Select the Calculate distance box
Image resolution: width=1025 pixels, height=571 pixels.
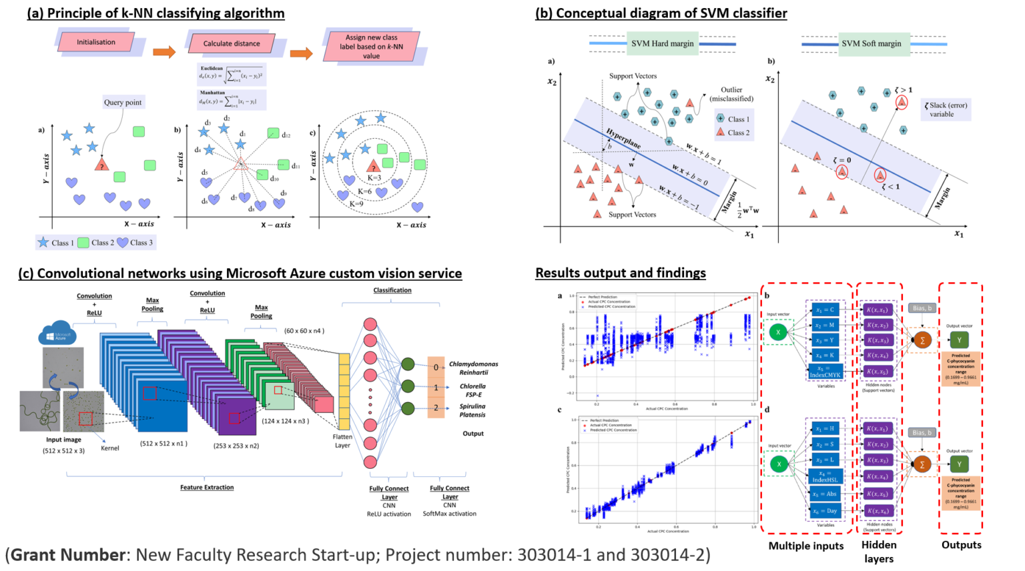[232, 43]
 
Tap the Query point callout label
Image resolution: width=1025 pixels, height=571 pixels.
[123, 102]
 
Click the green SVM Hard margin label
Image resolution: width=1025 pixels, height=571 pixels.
[662, 43]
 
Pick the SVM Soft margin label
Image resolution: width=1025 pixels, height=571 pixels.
[871, 43]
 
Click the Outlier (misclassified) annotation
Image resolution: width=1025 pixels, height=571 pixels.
[731, 94]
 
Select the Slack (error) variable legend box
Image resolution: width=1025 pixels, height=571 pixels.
[946, 109]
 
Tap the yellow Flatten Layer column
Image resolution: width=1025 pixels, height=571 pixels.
[344, 392]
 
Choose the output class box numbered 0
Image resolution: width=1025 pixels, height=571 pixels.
[436, 367]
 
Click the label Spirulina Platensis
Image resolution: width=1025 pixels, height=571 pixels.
[472, 410]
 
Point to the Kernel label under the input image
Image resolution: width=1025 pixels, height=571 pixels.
[109, 448]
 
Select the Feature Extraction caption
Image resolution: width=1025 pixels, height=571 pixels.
[207, 488]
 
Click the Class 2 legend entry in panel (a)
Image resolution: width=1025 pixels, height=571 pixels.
[96, 243]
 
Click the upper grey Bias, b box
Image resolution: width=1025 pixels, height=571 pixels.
[922, 308]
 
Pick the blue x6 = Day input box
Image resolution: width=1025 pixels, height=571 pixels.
[825, 511]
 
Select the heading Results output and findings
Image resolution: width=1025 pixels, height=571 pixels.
[620, 273]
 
